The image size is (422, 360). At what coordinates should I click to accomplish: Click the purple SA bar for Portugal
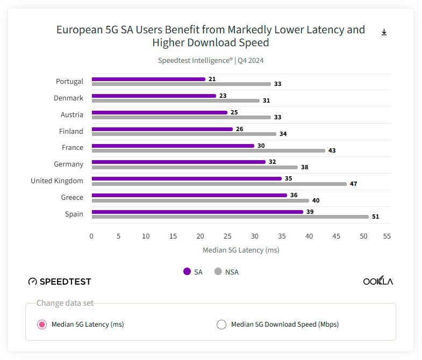(148, 79)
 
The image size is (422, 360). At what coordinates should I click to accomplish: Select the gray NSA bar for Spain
(230, 217)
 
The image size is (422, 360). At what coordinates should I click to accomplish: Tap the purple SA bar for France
(173, 146)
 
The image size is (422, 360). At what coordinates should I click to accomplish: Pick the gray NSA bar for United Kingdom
(219, 184)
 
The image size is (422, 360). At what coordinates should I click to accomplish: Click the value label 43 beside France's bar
(332, 150)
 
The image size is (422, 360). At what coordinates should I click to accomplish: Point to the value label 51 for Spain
(376, 217)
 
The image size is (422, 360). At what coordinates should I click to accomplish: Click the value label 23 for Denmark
(223, 96)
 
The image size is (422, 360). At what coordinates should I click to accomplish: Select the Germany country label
(68, 164)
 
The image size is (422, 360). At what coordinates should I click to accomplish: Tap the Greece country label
(72, 197)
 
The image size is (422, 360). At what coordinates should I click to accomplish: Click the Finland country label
(71, 131)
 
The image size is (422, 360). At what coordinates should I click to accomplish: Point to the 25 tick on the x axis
(227, 236)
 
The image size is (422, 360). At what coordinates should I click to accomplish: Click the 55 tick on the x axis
(387, 236)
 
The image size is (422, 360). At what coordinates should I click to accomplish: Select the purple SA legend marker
(187, 271)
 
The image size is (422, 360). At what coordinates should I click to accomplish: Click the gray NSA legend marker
(218, 271)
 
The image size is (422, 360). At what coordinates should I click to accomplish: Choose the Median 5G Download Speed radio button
(221, 324)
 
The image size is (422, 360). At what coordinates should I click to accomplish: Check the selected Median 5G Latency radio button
(41, 324)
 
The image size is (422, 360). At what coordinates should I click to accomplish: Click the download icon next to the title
(384, 32)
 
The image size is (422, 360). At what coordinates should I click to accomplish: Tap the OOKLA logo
(378, 281)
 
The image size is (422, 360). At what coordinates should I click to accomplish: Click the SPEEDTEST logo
(60, 282)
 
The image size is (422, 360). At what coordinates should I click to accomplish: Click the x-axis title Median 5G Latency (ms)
(241, 250)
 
